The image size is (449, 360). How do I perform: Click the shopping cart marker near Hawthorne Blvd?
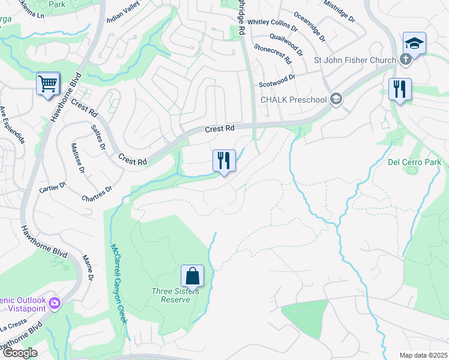(48, 83)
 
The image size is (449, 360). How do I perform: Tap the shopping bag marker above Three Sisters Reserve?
(192, 276)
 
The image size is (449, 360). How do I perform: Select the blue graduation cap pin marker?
(414, 43)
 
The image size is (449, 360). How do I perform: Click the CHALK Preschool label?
(292, 100)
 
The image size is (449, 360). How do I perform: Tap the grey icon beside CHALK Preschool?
(336, 100)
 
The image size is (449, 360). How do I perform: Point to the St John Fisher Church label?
(355, 60)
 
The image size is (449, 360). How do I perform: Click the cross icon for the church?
(406, 59)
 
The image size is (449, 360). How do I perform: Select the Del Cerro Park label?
(414, 162)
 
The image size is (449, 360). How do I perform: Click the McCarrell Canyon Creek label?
(119, 283)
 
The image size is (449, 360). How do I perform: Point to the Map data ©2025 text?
(423, 355)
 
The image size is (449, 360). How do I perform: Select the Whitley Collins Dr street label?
(272, 25)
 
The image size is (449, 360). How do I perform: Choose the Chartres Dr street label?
(97, 193)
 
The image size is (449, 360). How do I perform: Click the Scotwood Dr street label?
(277, 81)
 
